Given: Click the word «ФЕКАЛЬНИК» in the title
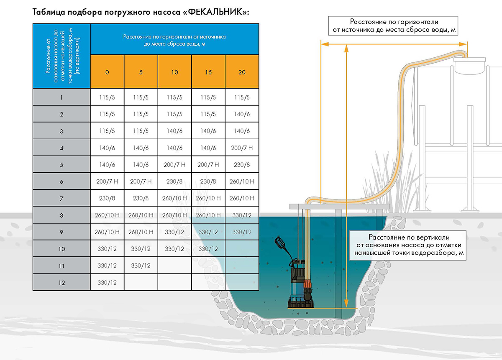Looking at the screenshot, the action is (x=215, y=12).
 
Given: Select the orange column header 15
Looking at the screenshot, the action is (x=208, y=72).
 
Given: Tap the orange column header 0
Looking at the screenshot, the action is (x=107, y=72).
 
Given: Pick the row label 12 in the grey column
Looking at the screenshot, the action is (x=61, y=283).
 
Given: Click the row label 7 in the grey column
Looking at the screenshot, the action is (x=61, y=198).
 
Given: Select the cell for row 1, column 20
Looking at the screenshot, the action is (x=242, y=97).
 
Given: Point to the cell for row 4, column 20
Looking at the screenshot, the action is (x=242, y=148).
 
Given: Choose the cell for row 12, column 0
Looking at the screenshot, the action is (x=107, y=283).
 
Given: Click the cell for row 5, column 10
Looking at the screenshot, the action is (x=174, y=165).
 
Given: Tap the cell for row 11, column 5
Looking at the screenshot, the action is (x=141, y=266).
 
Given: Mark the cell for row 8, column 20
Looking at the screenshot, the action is (x=242, y=215).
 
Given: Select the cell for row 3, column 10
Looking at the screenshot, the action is (x=174, y=131).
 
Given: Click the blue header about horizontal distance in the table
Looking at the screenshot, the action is (x=174, y=40).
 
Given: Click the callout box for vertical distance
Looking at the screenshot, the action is (x=408, y=245).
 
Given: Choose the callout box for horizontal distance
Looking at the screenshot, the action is (x=393, y=26).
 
